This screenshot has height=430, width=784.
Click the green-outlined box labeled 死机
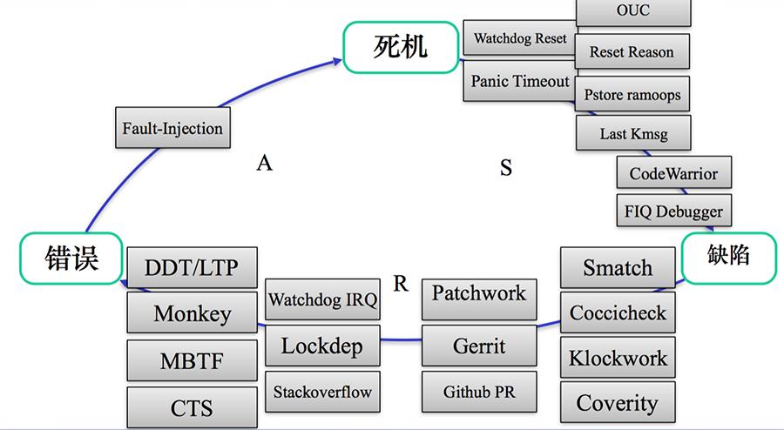(x=400, y=47)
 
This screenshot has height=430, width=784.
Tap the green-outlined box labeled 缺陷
(x=728, y=257)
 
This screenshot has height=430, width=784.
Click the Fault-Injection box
(x=172, y=129)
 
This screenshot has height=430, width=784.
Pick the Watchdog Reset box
(x=520, y=39)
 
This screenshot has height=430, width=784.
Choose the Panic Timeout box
(x=520, y=81)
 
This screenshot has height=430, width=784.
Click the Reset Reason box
(x=632, y=52)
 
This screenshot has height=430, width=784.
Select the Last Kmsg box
(x=632, y=134)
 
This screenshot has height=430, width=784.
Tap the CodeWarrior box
(x=673, y=173)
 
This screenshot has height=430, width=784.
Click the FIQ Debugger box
(x=673, y=212)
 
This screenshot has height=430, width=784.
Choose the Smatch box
(x=618, y=268)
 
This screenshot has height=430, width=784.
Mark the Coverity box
(x=618, y=403)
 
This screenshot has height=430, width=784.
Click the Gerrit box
(x=479, y=346)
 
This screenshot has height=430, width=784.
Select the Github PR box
(x=479, y=392)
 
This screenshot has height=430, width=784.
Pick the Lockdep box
(x=321, y=346)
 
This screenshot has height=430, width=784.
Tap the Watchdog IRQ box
(x=322, y=301)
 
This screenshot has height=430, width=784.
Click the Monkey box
(x=193, y=313)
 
